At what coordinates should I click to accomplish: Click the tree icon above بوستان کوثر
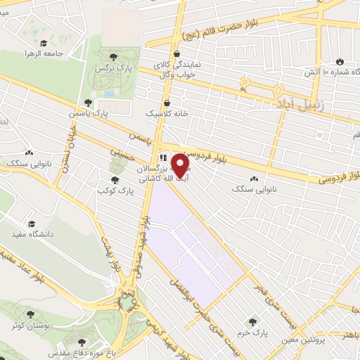(x=29, y=314)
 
